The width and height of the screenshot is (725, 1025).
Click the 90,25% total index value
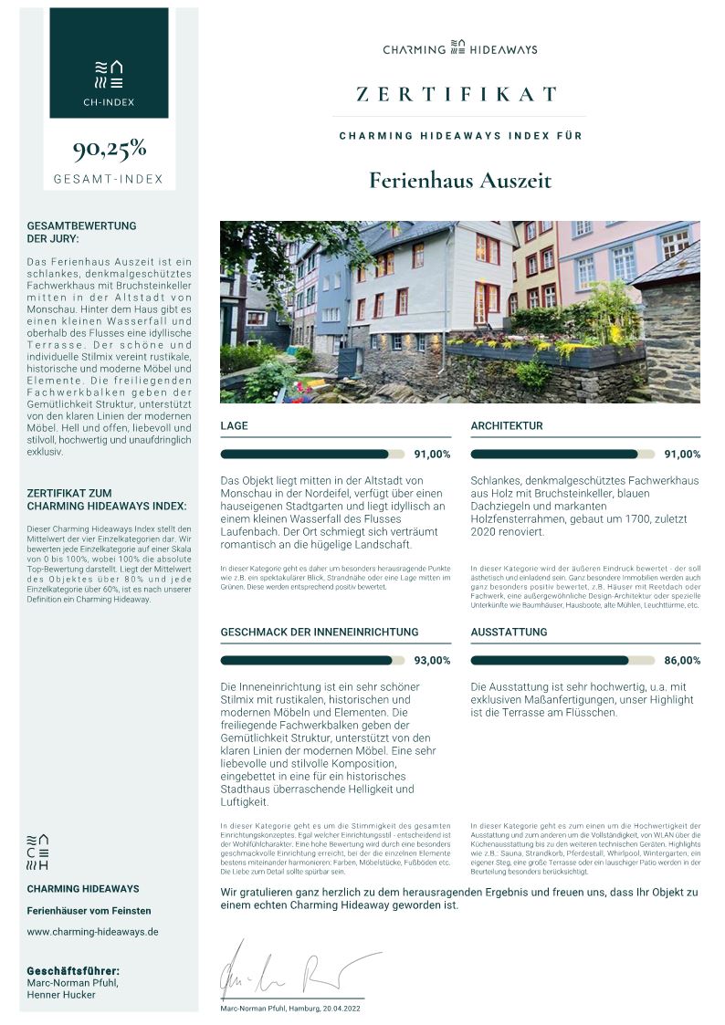click(109, 149)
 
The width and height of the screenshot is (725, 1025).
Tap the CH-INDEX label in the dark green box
click(109, 102)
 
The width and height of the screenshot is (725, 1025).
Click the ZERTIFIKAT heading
click(457, 94)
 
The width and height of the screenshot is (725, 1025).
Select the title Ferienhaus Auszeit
click(460, 180)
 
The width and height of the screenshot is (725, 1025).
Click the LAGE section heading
click(234, 426)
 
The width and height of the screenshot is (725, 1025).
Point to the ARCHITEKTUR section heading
click(507, 426)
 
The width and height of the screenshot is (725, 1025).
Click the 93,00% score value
click(432, 661)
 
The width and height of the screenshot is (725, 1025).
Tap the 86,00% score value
click(682, 661)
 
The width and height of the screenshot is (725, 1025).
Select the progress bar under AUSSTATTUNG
click(562, 660)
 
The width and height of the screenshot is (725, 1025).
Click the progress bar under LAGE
click(312, 454)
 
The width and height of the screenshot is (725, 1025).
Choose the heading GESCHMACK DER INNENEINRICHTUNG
click(320, 632)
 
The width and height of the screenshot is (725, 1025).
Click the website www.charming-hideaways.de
click(92, 932)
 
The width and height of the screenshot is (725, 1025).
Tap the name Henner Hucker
click(61, 995)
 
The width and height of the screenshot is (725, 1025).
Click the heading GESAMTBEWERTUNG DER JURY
click(81, 232)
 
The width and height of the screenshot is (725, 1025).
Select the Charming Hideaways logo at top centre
click(459, 48)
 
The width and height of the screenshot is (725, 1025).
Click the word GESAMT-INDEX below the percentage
click(109, 179)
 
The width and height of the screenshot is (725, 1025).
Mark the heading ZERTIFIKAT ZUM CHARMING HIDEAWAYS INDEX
click(106, 499)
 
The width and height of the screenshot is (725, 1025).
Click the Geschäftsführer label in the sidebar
click(73, 970)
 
